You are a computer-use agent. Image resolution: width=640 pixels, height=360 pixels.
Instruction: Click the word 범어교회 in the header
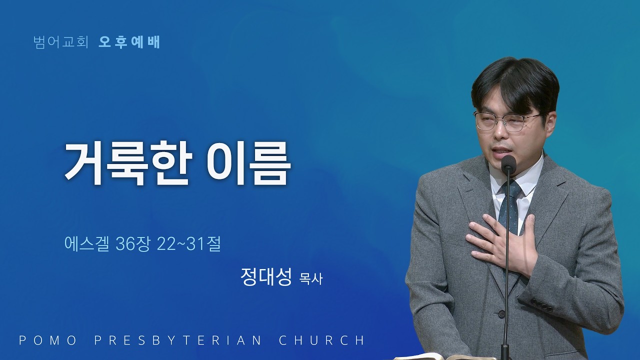(61, 42)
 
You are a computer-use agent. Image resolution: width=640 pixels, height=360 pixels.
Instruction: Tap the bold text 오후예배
(129, 42)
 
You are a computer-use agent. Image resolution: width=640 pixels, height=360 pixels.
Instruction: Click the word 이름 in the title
(246, 163)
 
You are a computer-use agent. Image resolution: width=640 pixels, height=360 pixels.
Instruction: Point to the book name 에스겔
(87, 244)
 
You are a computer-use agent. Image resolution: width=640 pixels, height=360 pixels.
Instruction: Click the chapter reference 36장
(133, 244)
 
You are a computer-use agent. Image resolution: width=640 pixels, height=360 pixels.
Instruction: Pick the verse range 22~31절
(189, 244)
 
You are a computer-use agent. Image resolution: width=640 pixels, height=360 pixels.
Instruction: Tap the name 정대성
(265, 277)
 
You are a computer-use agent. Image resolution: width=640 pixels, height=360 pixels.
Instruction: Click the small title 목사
(310, 278)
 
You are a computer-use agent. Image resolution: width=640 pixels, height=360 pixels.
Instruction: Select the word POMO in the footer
(47, 340)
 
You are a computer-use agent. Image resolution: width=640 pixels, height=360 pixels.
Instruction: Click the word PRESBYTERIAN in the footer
(177, 340)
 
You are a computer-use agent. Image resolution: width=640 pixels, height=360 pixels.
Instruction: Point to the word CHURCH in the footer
(321, 340)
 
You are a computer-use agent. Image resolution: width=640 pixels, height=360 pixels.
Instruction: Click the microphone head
(508, 163)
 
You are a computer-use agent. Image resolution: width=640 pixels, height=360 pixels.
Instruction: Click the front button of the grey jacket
(500, 314)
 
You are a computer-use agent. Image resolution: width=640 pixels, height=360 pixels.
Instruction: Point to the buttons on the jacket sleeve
(541, 304)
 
